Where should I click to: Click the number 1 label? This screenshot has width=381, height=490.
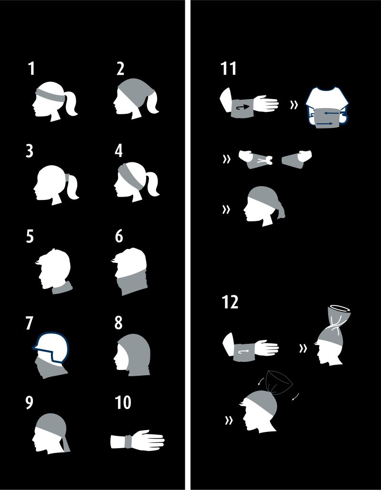[x=31, y=69]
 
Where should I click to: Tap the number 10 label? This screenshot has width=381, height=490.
[x=123, y=403]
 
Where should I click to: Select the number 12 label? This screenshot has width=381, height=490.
[x=230, y=302]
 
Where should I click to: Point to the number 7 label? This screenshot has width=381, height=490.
[x=30, y=323]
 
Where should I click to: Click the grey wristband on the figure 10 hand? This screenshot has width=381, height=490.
[x=128, y=441]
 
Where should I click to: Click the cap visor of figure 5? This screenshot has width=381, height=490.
[x=40, y=262]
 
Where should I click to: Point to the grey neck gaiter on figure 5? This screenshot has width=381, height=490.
[x=62, y=288]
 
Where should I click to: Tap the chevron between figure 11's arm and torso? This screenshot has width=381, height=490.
[x=293, y=105]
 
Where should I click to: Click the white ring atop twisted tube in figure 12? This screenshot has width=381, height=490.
[x=340, y=308]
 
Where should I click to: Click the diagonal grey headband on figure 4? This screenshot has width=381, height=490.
[x=131, y=176]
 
